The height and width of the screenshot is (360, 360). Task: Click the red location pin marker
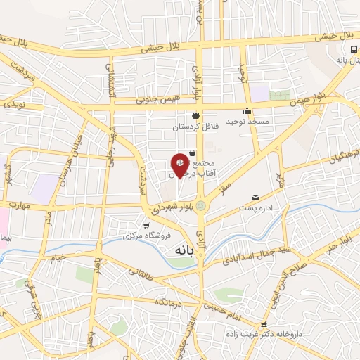pyautogui.click(x=180, y=165)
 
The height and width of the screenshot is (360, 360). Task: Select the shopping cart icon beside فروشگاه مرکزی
pyautogui.click(x=146, y=226)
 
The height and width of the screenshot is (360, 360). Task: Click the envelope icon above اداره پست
pyautogui.click(x=255, y=198)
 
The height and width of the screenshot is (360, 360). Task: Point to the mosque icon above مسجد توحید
pyautogui.click(x=247, y=110)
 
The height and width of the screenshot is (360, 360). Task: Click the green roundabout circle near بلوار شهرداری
pyautogui.click(x=201, y=206)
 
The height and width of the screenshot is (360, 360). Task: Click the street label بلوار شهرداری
pyautogui.click(x=170, y=208)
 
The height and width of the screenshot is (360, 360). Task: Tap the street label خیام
pyautogui.click(x=56, y=258)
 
